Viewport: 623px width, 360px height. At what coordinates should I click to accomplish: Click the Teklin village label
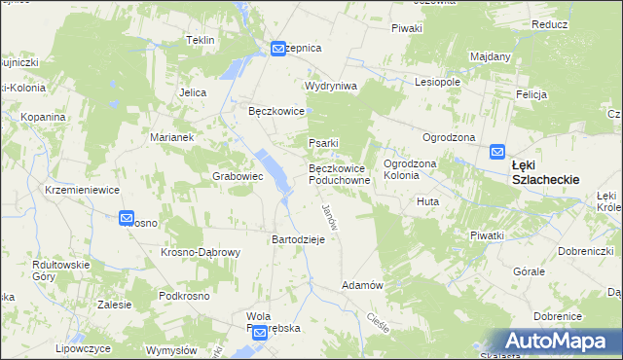[200, 40]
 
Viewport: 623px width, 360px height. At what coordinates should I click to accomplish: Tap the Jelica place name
[192, 92]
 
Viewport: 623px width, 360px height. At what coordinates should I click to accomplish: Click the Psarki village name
[322, 144]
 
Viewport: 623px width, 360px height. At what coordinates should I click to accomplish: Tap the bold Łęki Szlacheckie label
[545, 172]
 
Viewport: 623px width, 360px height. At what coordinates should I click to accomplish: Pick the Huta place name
[428, 201]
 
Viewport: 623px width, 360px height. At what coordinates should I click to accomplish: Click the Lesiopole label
[436, 82]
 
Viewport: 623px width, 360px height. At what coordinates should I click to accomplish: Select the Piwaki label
[406, 28]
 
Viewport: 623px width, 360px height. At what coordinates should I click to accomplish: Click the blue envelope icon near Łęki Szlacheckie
[496, 152]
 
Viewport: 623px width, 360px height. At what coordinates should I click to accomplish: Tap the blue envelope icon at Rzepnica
[278, 48]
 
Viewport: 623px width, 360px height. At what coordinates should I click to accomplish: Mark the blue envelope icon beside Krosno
[127, 219]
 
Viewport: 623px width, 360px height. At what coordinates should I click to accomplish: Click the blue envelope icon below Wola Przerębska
[260, 334]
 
